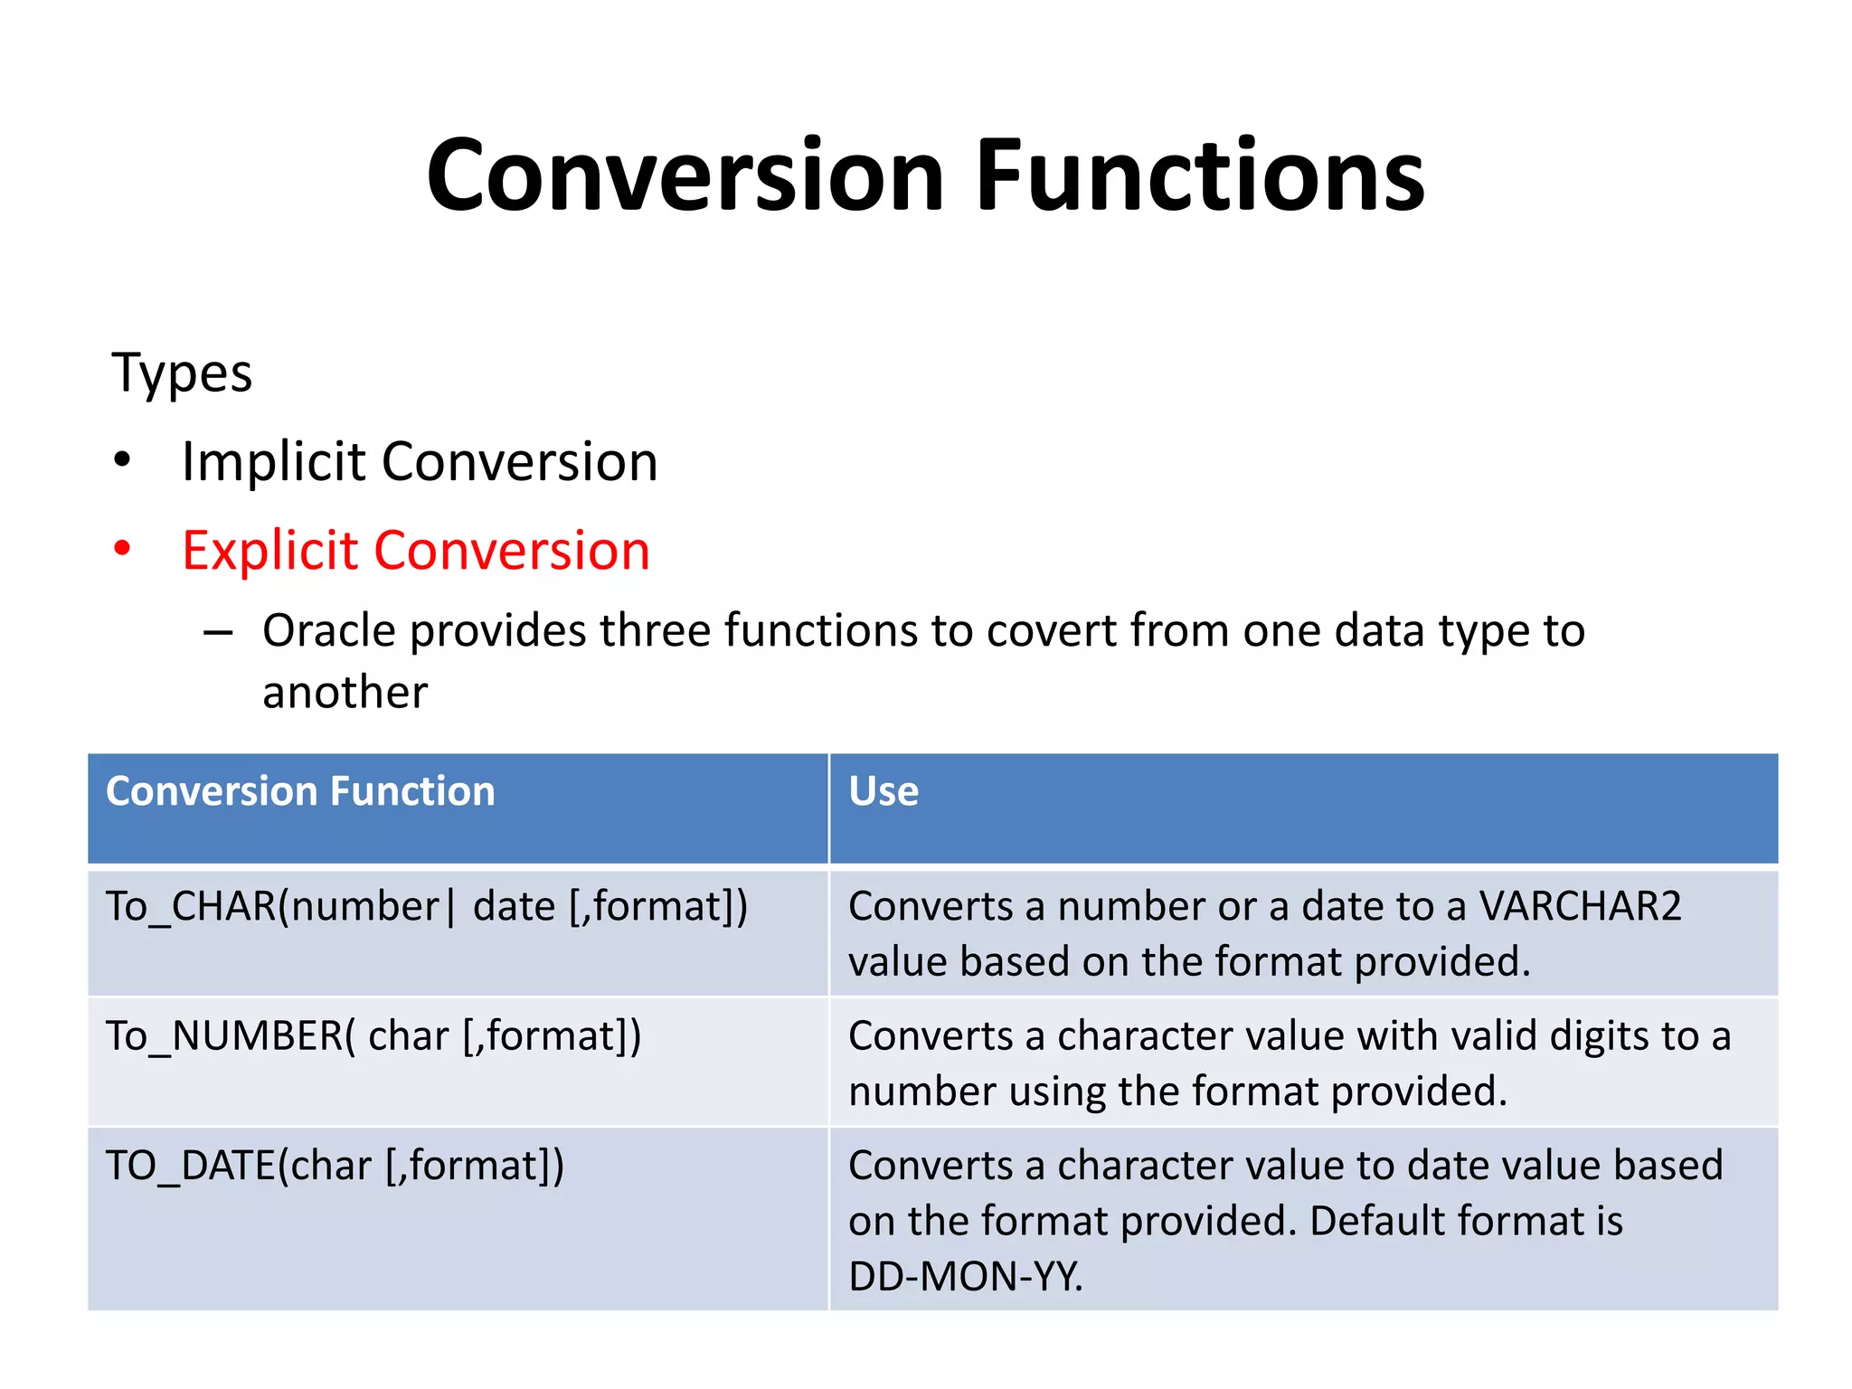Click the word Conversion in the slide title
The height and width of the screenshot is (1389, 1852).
coord(685,175)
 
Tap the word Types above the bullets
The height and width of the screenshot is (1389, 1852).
coord(182,373)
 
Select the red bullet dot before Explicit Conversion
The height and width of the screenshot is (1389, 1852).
coord(122,548)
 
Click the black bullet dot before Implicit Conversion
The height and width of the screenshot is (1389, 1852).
coord(122,460)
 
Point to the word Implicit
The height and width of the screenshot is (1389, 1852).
coord(272,462)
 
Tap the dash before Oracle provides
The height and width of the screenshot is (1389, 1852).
coord(218,632)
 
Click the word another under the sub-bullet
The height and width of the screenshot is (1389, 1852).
coord(345,693)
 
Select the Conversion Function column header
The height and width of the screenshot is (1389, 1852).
coord(300,791)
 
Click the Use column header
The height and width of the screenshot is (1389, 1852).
coord(883,791)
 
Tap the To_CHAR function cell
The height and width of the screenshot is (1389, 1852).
coord(427,906)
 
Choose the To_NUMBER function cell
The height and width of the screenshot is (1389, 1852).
coord(373,1036)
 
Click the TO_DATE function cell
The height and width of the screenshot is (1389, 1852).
coord(335,1166)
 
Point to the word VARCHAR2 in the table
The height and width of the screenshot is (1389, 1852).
coord(1580,906)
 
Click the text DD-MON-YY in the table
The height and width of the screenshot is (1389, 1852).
coord(964,1277)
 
